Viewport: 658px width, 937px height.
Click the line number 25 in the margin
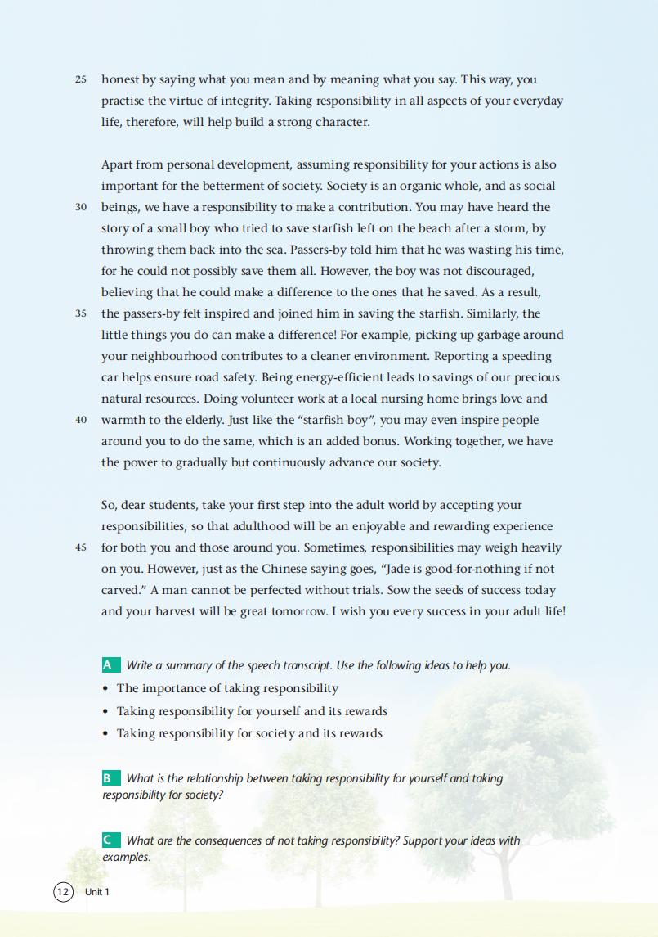click(80, 80)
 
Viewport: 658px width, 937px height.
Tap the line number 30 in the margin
click(80, 208)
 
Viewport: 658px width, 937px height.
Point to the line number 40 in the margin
click(80, 421)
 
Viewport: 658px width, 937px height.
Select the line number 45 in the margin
click(80, 548)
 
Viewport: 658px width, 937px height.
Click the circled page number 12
click(63, 891)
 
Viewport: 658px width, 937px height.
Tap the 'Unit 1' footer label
click(96, 892)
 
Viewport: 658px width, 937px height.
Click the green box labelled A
click(110, 665)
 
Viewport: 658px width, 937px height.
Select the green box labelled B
click(110, 778)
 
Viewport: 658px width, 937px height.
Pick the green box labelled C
click(110, 840)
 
